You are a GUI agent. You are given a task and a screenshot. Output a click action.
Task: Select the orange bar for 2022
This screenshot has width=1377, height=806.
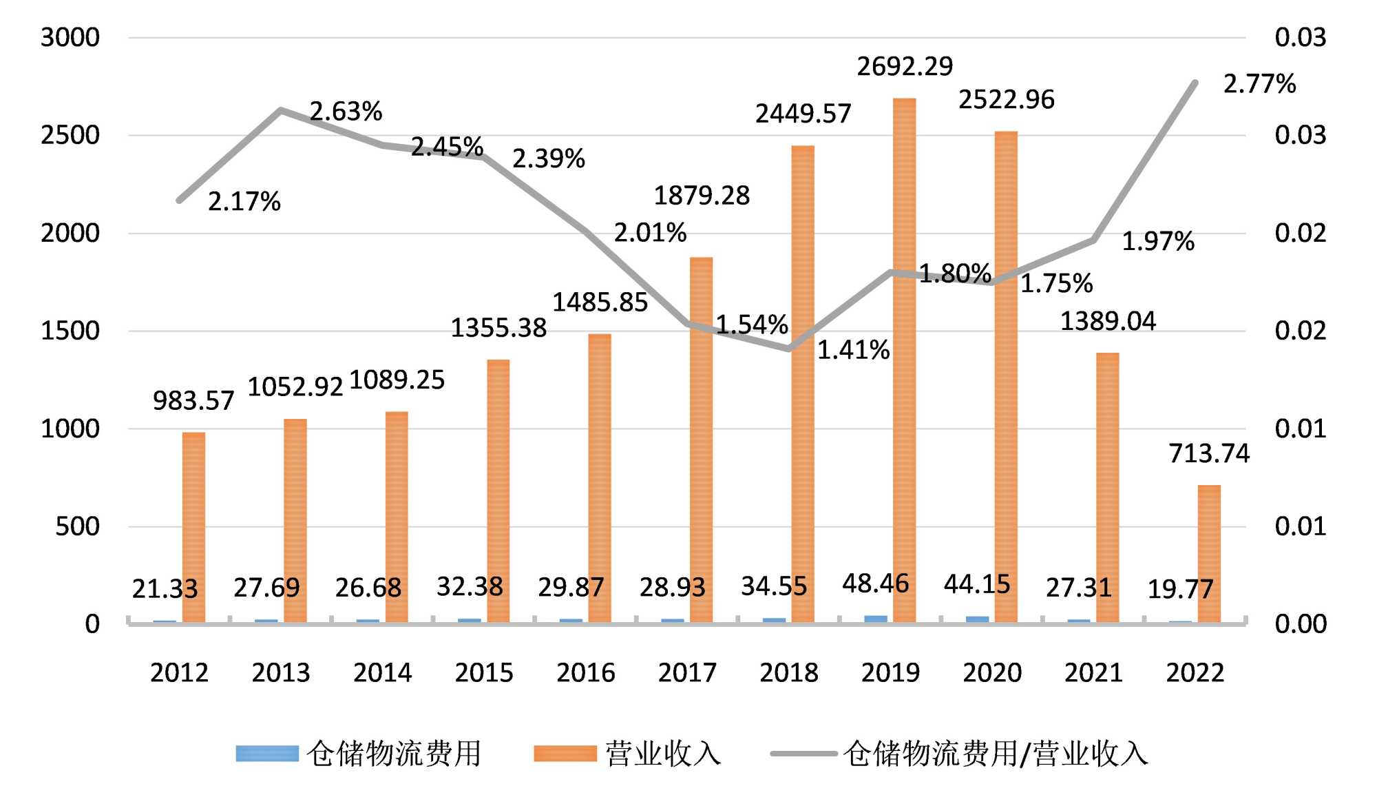point(1209,554)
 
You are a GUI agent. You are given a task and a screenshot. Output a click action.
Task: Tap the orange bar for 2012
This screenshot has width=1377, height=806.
point(193,528)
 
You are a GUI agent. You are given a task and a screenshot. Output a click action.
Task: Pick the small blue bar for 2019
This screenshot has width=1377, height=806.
point(876,619)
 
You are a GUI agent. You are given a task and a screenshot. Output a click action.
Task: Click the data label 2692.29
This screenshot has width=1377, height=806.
point(905,67)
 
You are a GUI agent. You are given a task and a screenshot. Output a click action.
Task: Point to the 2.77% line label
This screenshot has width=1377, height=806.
point(1259,84)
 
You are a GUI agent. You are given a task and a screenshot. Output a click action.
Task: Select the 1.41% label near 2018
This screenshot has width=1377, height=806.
point(853,351)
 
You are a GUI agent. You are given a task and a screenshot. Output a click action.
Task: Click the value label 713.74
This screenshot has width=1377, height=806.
point(1209,453)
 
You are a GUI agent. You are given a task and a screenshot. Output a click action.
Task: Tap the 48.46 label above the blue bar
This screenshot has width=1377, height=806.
point(876,583)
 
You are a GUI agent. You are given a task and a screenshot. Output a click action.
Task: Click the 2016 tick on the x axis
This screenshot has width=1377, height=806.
point(586,672)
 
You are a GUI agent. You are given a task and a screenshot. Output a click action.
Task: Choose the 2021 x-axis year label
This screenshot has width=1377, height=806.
point(1093,672)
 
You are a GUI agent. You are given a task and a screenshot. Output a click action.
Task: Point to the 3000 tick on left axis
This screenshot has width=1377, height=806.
point(70,37)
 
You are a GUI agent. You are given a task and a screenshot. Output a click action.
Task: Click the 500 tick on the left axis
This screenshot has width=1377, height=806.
point(77,526)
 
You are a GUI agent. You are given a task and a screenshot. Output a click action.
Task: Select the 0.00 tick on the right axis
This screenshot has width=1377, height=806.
point(1300,624)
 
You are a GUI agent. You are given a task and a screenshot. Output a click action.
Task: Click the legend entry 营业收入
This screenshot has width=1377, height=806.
point(663,754)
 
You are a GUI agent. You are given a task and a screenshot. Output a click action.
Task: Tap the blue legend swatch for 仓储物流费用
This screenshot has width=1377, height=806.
point(267,754)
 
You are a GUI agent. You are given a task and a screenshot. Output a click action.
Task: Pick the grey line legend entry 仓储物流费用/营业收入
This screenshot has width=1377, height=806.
point(996,754)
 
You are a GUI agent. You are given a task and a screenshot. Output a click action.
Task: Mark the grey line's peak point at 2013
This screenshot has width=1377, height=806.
point(281,110)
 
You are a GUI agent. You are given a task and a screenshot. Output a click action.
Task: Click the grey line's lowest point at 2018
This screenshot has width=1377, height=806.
point(789,349)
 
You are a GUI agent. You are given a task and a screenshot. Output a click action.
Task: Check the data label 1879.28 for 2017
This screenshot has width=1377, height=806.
point(701,196)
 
